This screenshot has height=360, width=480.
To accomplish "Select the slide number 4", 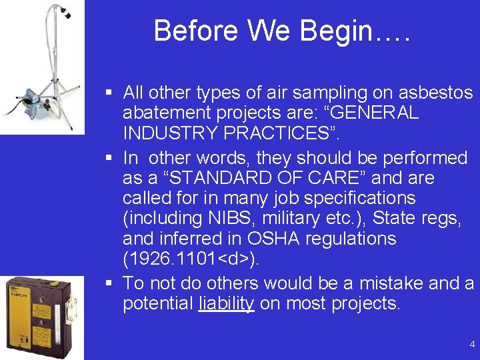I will (472, 345).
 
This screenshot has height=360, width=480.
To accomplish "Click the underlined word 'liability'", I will (227, 304).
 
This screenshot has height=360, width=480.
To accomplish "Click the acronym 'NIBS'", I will (216, 218).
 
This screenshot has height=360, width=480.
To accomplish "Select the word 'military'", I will (295, 218).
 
